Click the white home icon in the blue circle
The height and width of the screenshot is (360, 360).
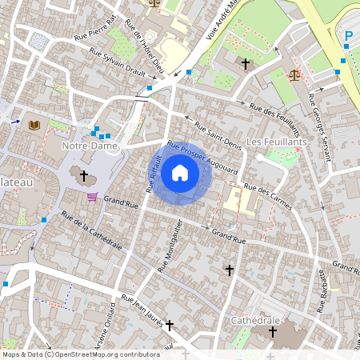click(180, 173)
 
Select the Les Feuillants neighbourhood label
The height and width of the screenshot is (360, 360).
click(276, 142)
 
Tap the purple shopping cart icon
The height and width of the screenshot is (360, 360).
click(93, 197)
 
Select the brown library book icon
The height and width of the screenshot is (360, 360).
click(34, 125)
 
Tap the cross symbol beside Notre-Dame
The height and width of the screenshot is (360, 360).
click(84, 174)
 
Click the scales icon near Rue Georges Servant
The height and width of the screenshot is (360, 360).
click(294, 75)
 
